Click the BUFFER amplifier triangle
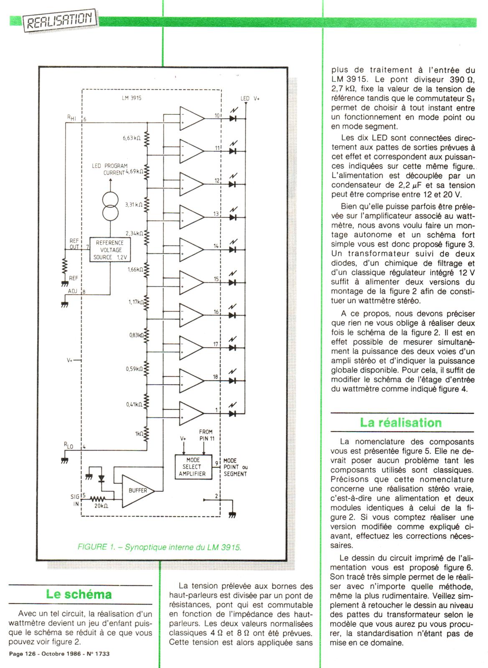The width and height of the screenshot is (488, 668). [x=136, y=491]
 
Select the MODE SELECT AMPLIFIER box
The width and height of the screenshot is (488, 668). [x=192, y=467]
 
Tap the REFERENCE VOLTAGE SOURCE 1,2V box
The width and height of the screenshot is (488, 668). [x=109, y=250]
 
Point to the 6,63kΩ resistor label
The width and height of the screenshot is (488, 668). [x=131, y=137]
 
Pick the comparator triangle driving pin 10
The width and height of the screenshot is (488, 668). [x=191, y=119]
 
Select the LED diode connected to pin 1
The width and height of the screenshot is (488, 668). [x=233, y=413]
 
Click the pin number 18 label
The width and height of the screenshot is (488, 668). [x=216, y=377]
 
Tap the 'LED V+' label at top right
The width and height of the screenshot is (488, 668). [x=250, y=99]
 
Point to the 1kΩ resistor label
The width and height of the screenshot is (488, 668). [x=139, y=434]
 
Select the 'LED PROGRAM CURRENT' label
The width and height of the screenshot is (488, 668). [x=109, y=169]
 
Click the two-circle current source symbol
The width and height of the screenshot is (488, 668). [x=111, y=207]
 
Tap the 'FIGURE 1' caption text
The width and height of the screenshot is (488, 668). [x=160, y=547]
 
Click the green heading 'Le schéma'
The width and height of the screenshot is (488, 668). [x=79, y=594]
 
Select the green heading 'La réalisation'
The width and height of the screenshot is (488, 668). [x=401, y=422]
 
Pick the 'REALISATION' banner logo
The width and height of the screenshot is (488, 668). [x=59, y=20]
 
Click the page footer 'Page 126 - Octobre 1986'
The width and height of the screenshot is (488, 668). [x=59, y=653]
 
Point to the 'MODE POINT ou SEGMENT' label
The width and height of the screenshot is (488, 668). [x=235, y=467]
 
